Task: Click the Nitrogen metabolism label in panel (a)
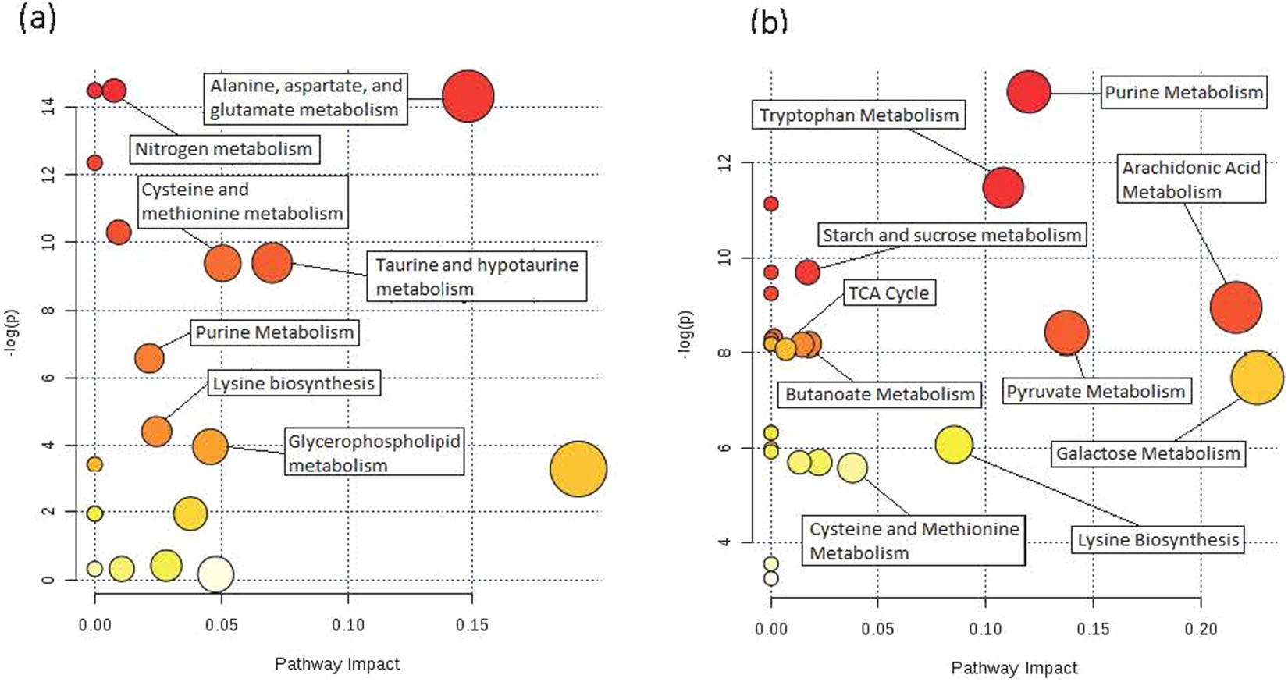point(223,148)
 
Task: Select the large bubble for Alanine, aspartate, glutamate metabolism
point(468,96)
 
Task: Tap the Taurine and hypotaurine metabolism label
point(476,276)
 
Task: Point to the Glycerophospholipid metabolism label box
point(373,453)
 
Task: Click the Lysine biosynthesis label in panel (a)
point(294,383)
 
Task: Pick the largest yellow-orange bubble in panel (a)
point(578,469)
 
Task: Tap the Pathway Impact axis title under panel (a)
point(336,664)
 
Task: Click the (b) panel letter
point(768,21)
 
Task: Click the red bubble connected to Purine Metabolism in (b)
point(1028,92)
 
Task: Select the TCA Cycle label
point(888,293)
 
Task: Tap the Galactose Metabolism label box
point(1147,453)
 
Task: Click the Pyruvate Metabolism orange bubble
point(1066,332)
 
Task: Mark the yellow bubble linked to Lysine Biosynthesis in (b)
point(953,445)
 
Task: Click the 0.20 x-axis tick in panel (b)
point(1200,629)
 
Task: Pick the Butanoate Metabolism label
point(879,394)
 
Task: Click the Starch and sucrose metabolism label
point(952,235)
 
